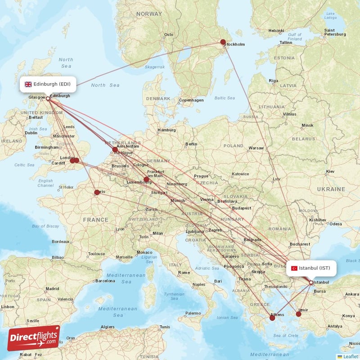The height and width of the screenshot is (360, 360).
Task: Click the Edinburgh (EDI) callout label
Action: click(48, 84)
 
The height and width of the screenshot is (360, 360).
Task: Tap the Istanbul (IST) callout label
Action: click(311, 268)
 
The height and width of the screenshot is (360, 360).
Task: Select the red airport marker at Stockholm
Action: click(223, 42)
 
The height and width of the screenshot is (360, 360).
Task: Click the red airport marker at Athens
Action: click(272, 318)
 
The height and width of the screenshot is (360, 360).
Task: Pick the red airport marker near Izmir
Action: click(298, 314)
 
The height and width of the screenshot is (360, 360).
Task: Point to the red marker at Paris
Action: click(97, 193)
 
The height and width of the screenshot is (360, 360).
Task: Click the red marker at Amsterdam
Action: click(115, 150)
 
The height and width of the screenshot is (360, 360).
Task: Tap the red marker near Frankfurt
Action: click(146, 179)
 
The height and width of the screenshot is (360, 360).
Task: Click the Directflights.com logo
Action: click(34, 338)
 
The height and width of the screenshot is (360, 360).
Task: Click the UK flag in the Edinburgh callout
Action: click(28, 84)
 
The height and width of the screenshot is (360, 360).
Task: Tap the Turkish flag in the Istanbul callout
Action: click(294, 268)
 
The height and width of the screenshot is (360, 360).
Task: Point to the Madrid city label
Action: click(52, 288)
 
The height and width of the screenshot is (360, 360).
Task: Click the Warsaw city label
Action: click(256, 148)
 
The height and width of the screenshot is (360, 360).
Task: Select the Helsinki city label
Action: click(276, 31)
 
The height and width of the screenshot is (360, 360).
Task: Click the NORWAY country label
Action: click(149, 14)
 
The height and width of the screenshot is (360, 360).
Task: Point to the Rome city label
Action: click(184, 272)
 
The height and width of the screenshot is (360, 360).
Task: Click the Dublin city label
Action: click(31, 133)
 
